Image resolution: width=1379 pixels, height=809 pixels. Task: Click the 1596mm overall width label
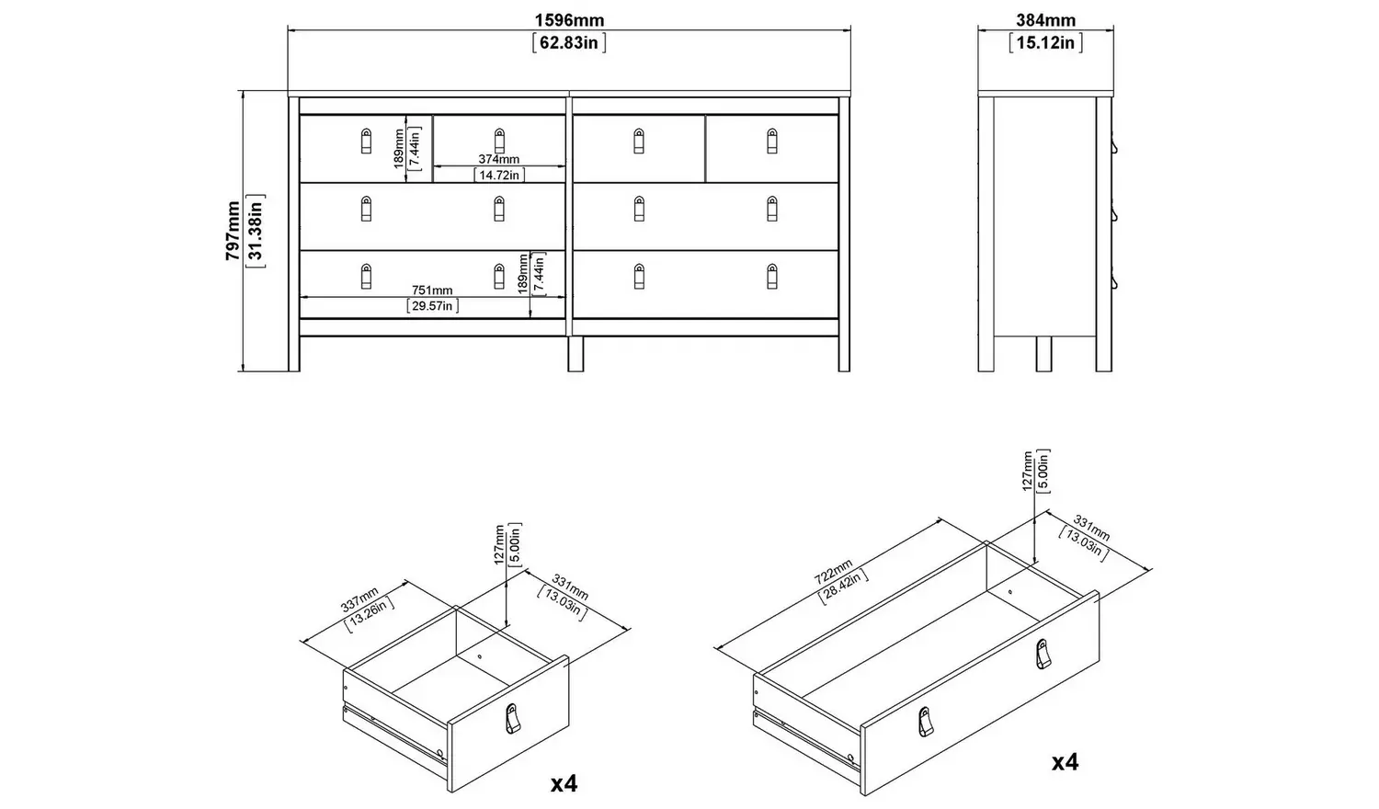tap(569, 20)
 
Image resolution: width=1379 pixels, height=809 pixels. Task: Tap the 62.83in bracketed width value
tap(569, 42)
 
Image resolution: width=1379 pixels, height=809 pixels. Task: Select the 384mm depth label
tap(1045, 20)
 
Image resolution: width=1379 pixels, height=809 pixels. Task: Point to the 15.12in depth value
tap(1045, 42)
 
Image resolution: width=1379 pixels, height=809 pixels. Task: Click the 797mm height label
tap(234, 231)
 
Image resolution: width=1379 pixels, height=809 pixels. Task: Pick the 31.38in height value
tap(256, 231)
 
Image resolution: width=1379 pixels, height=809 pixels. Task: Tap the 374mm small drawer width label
tap(498, 159)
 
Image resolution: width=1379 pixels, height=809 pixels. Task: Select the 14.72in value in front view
tap(498, 175)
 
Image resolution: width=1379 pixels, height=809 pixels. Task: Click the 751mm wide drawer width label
tap(432, 291)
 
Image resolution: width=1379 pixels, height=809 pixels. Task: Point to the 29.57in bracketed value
tap(432, 306)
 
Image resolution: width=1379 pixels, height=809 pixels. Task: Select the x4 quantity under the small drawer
tap(564, 783)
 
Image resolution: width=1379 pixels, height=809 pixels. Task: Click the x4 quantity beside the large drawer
tap(1065, 761)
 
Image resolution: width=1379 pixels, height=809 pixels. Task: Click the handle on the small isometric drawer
tap(512, 720)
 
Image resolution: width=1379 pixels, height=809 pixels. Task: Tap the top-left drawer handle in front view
tap(366, 141)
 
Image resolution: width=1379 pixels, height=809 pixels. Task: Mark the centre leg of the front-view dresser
tap(576, 354)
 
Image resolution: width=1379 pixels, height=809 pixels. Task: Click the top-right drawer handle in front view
tap(771, 141)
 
